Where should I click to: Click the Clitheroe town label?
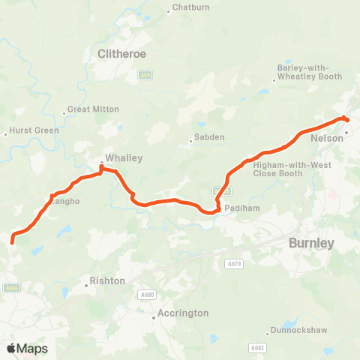[121, 54]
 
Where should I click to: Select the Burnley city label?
[311, 243]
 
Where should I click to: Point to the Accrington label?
[183, 313]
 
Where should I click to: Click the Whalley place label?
[124, 158]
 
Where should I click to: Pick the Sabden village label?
[209, 137]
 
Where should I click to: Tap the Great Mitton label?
[93, 109]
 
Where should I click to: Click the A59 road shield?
[145, 75]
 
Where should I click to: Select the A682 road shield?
[258, 347]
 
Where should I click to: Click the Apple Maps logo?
[27, 348]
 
